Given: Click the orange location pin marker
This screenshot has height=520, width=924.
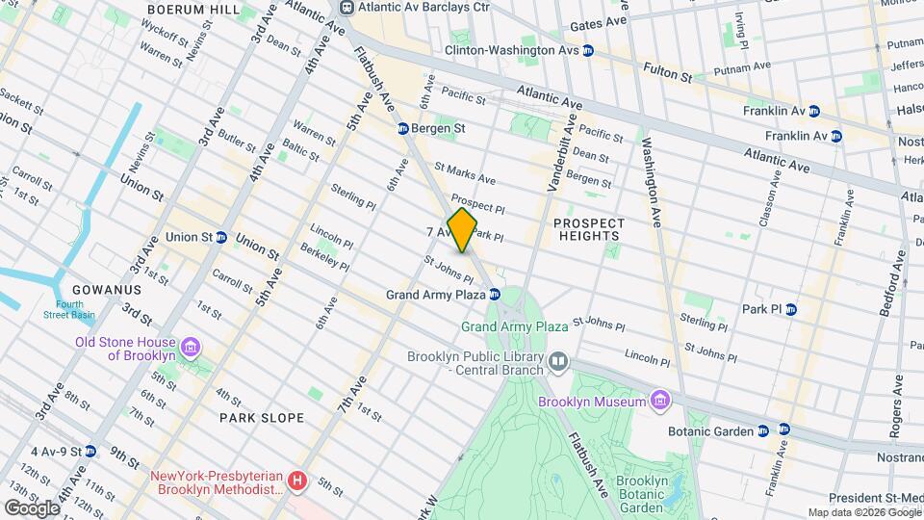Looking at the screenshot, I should tap(463, 229).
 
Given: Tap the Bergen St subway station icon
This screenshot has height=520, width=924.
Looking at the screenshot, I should tap(404, 129).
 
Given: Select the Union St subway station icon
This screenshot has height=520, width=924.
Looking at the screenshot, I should tap(221, 237).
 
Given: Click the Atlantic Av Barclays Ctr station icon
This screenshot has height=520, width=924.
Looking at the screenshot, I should tap(345, 8).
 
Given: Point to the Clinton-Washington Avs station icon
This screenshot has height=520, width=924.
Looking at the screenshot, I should tap(587, 50).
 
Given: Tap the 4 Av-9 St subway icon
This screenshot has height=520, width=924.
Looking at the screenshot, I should tap(90, 451).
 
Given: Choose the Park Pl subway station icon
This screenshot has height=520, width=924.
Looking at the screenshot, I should tap(790, 309).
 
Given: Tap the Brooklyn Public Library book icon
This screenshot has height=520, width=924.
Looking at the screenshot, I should tap(558, 362).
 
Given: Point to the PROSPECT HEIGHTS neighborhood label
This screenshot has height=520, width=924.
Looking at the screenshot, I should tap(589, 230).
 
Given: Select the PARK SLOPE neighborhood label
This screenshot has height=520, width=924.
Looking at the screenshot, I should tap(261, 418).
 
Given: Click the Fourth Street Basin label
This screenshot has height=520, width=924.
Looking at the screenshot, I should tap(68, 310).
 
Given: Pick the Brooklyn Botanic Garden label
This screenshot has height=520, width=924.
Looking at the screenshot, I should tap(649, 494).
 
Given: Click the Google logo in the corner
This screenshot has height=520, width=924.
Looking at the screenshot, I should tap(32, 507).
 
